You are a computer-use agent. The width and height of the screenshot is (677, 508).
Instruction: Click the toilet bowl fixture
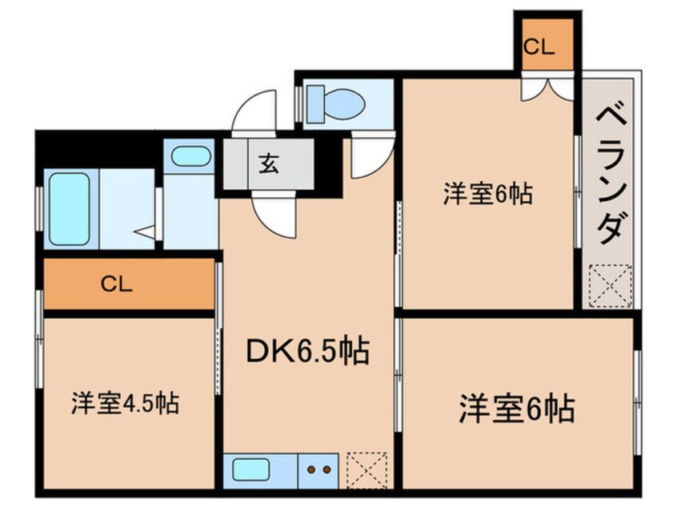click(344, 103)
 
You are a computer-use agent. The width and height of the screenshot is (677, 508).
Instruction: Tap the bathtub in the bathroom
click(69, 209)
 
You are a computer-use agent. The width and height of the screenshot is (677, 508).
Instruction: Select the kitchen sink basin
click(251, 470)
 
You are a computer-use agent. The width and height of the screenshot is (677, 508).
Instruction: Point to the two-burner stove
click(318, 469)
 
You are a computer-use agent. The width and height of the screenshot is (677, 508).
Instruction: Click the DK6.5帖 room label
click(307, 351)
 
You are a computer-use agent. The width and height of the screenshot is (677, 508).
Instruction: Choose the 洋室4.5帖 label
click(125, 403)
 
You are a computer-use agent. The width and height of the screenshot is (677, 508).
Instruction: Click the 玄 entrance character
click(268, 163)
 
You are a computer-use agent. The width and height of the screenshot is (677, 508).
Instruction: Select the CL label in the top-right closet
click(539, 46)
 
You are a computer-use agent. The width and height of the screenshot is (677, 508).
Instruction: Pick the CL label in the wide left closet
click(116, 284)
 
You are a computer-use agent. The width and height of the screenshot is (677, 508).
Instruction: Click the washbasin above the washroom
click(190, 156)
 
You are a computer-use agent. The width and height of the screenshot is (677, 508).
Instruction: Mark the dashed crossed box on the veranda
click(610, 286)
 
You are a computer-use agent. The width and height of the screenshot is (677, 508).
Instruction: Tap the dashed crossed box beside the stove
click(367, 470)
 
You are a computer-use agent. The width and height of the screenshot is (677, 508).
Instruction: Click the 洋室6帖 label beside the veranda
click(488, 193)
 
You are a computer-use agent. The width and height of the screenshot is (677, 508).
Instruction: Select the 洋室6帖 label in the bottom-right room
click(517, 408)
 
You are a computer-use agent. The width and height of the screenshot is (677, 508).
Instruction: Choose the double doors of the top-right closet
click(547, 89)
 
